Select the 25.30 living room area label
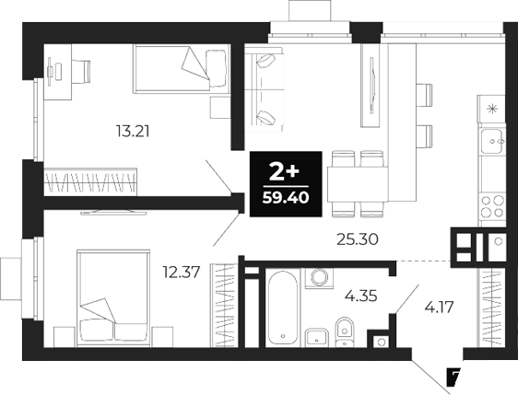359,239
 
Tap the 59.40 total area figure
285,196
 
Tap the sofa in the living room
265,92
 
